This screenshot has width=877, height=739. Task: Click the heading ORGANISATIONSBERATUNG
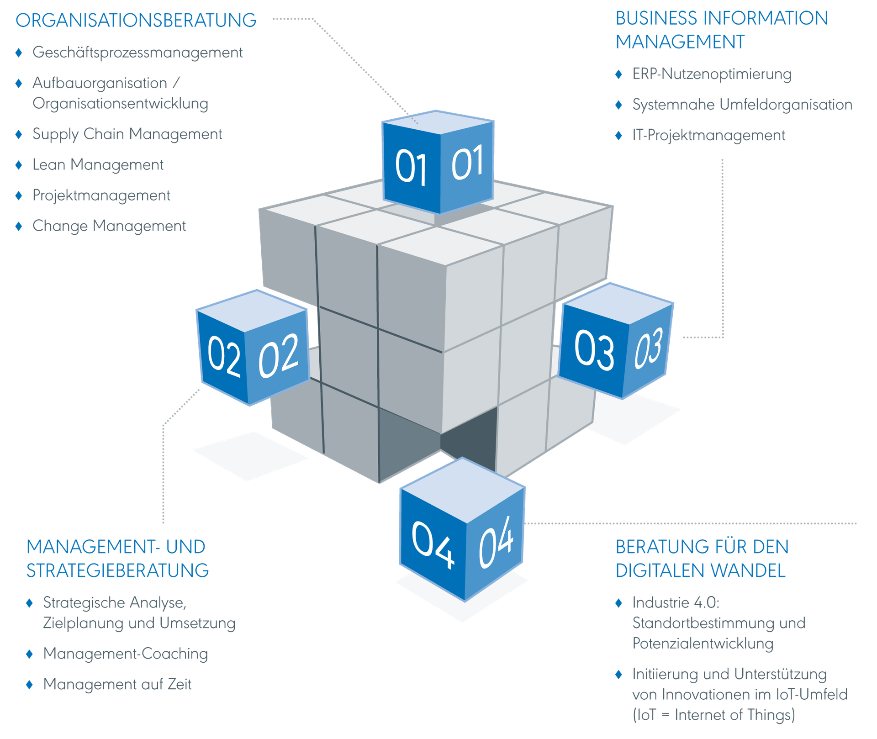pyautogui.click(x=136, y=21)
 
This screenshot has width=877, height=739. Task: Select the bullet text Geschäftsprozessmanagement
pyautogui.click(x=137, y=53)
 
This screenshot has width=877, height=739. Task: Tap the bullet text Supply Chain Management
pyautogui.click(x=127, y=134)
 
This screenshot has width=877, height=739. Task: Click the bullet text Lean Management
pyautogui.click(x=98, y=165)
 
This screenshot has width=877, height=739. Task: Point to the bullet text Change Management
pyautogui.click(x=109, y=226)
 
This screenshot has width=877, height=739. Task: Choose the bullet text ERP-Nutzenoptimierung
pyautogui.click(x=711, y=74)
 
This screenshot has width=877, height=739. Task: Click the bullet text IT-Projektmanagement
pyautogui.click(x=708, y=135)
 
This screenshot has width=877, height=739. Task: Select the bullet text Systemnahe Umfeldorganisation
pyautogui.click(x=742, y=105)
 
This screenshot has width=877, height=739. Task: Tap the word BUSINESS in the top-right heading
pyautogui.click(x=656, y=19)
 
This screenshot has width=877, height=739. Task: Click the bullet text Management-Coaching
pyautogui.click(x=125, y=654)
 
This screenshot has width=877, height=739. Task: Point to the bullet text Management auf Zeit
pyautogui.click(x=117, y=684)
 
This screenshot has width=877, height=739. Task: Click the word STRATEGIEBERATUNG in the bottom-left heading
pyautogui.click(x=117, y=570)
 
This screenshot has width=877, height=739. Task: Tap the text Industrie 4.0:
pyautogui.click(x=675, y=602)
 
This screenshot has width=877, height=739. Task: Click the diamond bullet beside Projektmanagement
pyautogui.click(x=19, y=195)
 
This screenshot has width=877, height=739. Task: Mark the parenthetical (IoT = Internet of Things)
pyautogui.click(x=713, y=715)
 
